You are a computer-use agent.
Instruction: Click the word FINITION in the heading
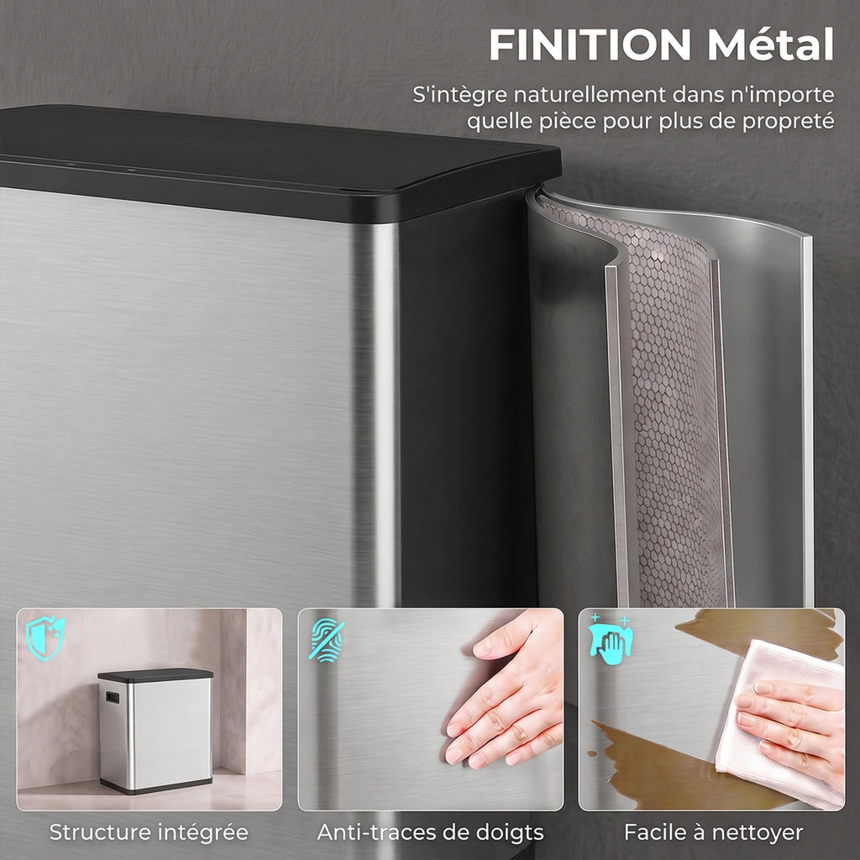[x=590, y=45]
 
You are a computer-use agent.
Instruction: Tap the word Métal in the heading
[x=771, y=44]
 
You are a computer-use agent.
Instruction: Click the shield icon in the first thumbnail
[x=45, y=638]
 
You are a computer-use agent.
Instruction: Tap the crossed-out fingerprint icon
[x=327, y=640]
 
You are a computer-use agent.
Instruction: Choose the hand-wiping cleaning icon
[x=610, y=639]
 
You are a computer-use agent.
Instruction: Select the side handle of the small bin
[x=113, y=698]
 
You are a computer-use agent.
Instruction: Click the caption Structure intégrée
[x=149, y=832]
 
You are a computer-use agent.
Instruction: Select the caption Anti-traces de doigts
[x=431, y=832]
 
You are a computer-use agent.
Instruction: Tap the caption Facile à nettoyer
[x=714, y=832]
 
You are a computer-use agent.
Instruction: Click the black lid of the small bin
[x=155, y=675]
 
